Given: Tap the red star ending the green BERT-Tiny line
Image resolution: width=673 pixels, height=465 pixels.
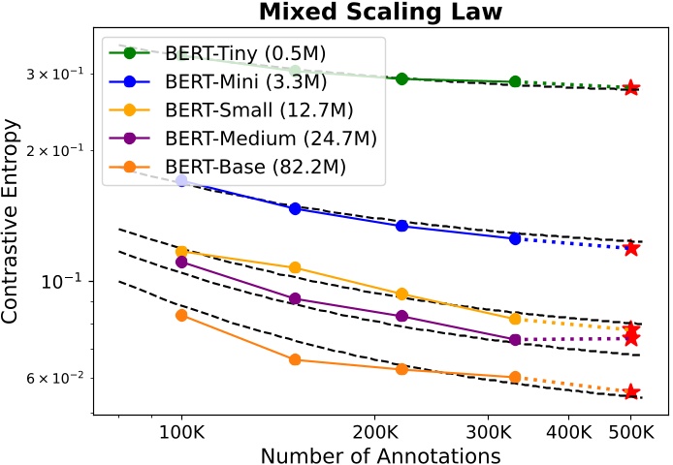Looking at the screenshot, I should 631,88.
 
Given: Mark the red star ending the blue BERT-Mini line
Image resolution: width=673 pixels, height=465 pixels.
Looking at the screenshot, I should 631,248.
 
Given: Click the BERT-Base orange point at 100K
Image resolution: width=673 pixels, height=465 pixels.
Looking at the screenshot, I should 181,315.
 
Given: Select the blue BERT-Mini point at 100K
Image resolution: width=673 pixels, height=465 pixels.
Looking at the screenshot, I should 181,181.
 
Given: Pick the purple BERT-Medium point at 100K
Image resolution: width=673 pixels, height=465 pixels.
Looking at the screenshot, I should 181,262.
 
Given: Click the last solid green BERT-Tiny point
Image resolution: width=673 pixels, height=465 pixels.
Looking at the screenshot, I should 515,82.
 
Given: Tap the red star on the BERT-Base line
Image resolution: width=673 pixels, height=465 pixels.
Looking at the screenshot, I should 631,391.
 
